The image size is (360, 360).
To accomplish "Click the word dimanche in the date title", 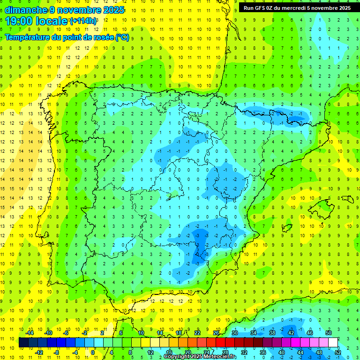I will click(x=26, y=10).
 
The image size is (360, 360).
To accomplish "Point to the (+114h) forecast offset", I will click(x=83, y=21).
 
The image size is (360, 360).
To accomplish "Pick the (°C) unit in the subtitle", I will click(x=122, y=37).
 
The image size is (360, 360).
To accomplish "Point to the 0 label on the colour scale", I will click(x=93, y=352).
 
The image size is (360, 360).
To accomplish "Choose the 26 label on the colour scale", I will click(x=216, y=333).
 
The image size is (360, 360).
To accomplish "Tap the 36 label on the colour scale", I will click(x=262, y=352).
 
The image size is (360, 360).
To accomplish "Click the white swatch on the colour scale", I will click(x=333, y=342).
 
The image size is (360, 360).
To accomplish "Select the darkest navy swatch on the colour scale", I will click(x=23, y=342).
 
